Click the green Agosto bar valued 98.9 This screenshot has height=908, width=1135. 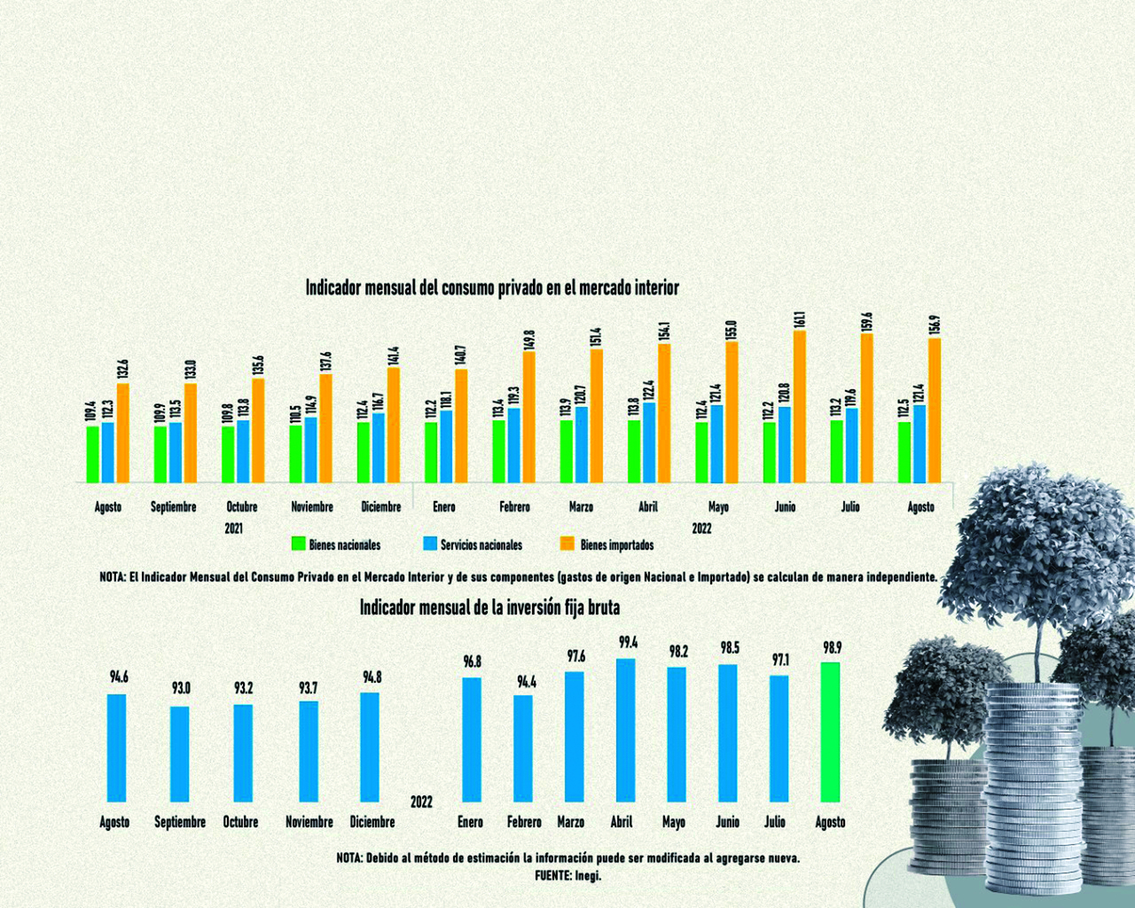coord(830,732)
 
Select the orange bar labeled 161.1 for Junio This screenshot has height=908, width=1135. coord(799,407)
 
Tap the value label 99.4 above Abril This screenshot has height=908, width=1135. coord(628,643)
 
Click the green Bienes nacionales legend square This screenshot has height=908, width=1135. coord(299,544)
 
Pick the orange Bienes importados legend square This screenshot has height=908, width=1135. coord(568,544)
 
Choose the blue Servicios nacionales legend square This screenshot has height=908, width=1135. coord(431,544)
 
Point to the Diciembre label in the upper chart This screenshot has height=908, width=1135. coord(381,507)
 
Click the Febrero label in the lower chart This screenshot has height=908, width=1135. coord(524,822)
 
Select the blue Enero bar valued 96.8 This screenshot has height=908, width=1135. coord(472,740)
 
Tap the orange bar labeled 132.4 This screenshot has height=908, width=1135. coord(122,433)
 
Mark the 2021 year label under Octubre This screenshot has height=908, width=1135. coord(233,528)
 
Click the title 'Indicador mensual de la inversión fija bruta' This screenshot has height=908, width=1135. coord(489,607)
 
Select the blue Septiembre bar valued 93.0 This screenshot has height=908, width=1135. coord(179,754)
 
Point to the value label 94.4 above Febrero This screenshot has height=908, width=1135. coord(527,682)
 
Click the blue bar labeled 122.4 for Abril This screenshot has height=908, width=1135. coord(650,442)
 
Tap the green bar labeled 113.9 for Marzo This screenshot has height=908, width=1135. coord(567,451)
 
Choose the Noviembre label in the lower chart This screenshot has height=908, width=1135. coord(309,822)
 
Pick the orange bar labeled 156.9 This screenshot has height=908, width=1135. coord(935,410)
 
